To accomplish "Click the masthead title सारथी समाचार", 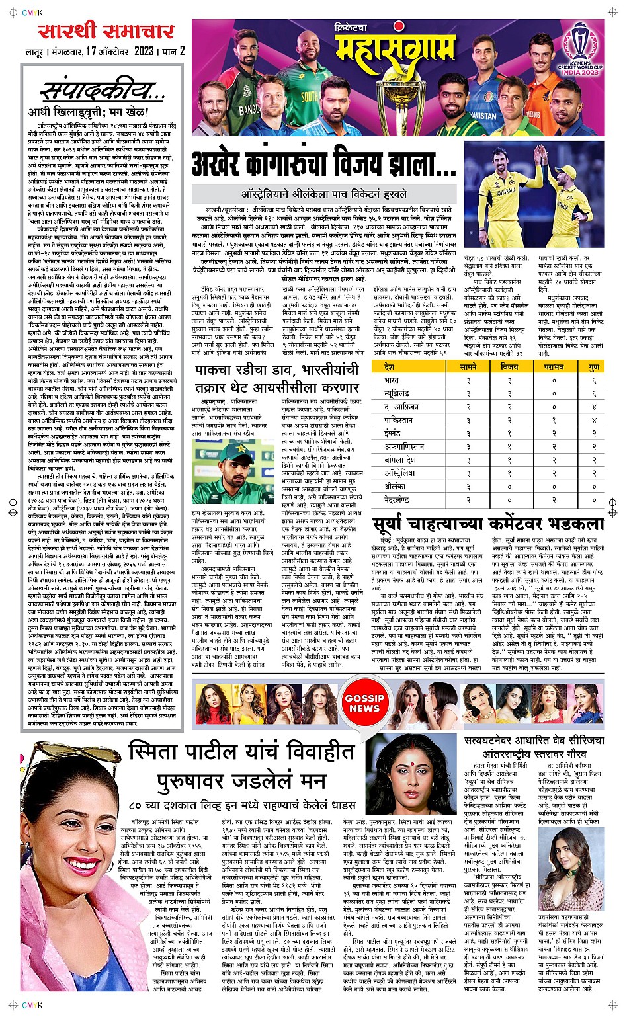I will [x=106, y=30].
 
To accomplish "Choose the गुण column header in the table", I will [x=594, y=366].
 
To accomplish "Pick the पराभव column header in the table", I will [x=554, y=366].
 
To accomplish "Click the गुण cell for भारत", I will [x=594, y=380].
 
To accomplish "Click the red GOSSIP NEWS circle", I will [x=364, y=703].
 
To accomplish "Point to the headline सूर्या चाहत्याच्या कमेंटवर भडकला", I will [x=488, y=524].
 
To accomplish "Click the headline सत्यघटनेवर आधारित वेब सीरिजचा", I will [x=534, y=740].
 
